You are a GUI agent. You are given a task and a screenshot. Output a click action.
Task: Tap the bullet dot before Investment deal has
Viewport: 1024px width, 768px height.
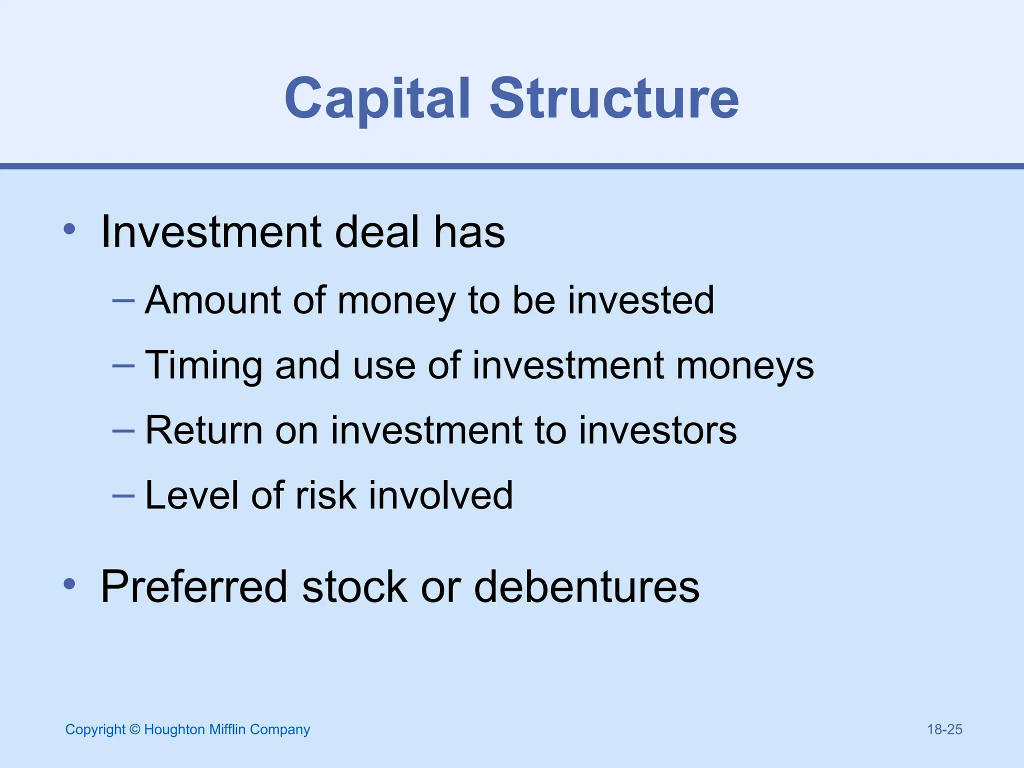tap(69, 229)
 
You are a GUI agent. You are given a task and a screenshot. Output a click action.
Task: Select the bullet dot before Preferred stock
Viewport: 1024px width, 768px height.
tap(69, 583)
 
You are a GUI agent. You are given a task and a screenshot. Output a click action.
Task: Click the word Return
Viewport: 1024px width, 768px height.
tap(203, 430)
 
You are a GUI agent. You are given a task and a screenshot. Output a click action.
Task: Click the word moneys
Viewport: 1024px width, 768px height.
tap(745, 366)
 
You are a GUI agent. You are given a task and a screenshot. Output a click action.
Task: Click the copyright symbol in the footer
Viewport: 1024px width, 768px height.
tap(134, 729)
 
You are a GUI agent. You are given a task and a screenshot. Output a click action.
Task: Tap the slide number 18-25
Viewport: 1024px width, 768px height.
tap(944, 729)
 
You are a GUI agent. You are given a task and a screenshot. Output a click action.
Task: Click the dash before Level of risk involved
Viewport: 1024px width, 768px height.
tap(123, 496)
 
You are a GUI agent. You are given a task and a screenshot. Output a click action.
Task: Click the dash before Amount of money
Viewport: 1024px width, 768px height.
tap(123, 301)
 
